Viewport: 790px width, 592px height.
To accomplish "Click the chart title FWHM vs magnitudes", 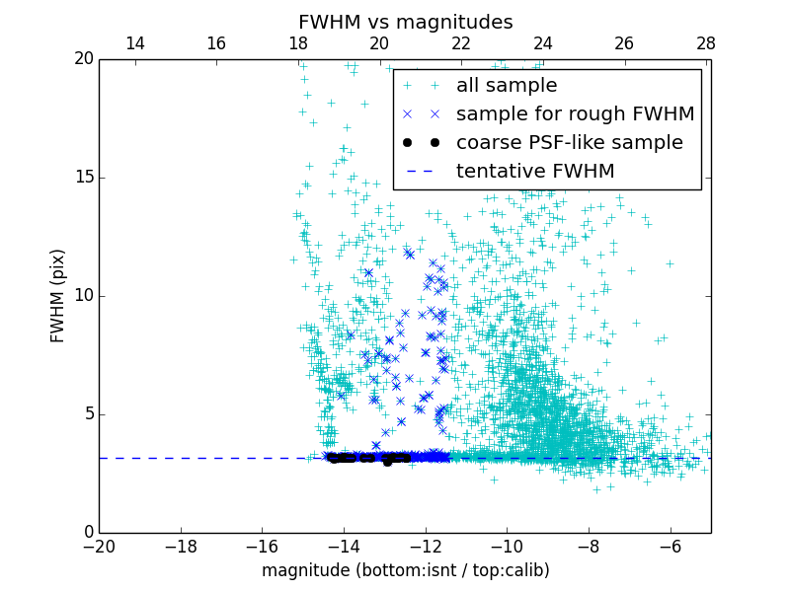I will pos(405,22).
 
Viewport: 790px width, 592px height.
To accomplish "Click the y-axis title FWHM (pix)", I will pos(58,296).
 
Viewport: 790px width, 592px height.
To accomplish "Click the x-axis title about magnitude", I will pos(405,570).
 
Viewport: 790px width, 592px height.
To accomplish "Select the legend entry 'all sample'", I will pos(506,86).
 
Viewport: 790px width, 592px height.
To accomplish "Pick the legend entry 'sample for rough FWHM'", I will pos(575,114).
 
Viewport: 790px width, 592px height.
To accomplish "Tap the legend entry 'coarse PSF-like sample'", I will pos(569,143).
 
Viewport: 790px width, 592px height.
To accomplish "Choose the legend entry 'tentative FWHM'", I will pos(534,172).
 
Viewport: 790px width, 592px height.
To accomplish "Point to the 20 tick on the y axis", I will pos(82,59).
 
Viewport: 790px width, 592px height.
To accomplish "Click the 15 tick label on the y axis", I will pos(82,178).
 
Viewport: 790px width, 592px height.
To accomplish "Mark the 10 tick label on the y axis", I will pos(82,296).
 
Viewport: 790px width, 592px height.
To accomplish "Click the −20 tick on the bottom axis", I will pos(99,546).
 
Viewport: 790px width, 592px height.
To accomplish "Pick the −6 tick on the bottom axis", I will pos(670,546).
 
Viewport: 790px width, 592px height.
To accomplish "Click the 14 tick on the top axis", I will pos(135,43).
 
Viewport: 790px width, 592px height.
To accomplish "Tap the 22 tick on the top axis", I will pos(461,43).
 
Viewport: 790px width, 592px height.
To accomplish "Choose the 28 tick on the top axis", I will pos(706,43).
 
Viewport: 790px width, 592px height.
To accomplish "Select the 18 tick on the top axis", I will pos(298,43).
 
